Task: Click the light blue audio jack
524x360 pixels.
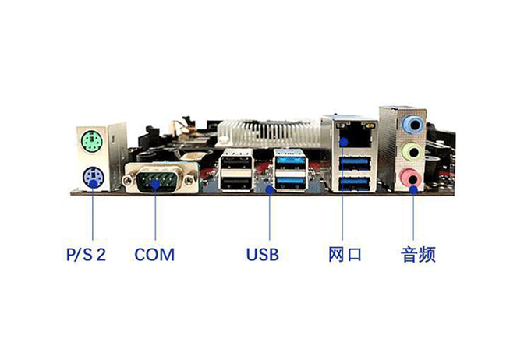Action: click(413, 125)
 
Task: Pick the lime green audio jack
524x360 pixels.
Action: click(413, 153)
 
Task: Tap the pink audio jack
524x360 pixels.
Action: click(412, 178)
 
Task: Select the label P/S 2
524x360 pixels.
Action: click(86, 255)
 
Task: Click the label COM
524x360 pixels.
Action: click(154, 255)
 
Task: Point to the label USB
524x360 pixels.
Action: click(262, 255)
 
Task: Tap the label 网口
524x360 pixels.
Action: click(345, 255)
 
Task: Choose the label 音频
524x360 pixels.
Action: click(418, 255)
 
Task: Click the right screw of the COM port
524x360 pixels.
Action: click(189, 181)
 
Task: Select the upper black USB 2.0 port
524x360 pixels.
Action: click(236, 162)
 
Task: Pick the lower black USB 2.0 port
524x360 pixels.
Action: click(236, 183)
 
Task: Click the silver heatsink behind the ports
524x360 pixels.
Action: click(269, 133)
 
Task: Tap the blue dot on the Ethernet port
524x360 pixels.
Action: click(343, 143)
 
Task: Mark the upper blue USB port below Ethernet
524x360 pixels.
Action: click(355, 164)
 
